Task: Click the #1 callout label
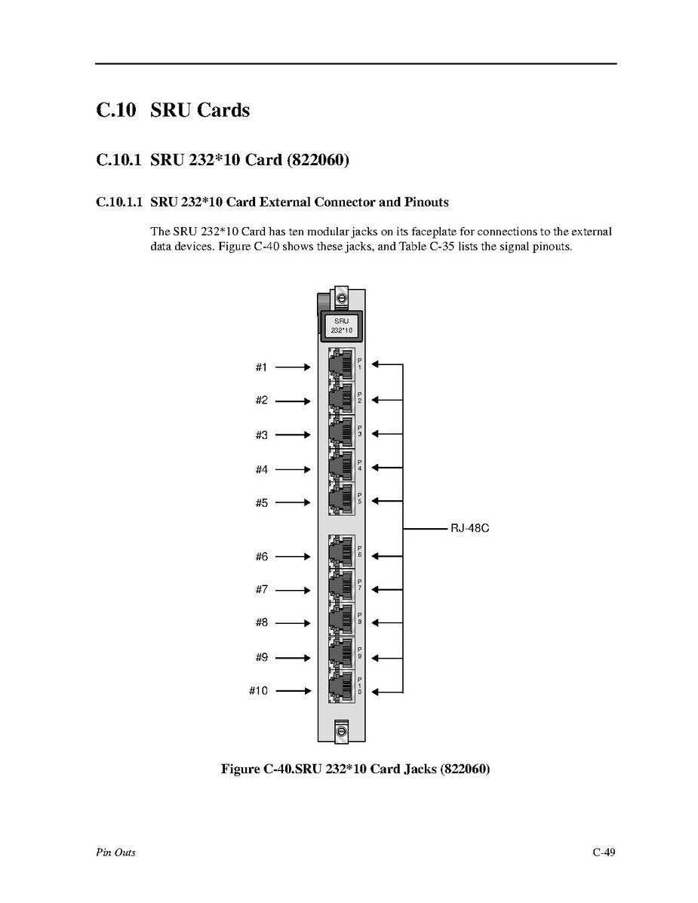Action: coord(261,367)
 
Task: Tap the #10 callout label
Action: coord(258,690)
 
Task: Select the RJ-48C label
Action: coord(470,529)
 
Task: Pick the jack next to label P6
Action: coord(341,554)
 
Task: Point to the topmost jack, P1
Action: coord(341,366)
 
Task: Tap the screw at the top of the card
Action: coord(341,299)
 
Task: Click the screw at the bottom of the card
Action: coord(341,730)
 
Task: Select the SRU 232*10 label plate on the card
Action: coord(341,326)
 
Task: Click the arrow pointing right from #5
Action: coord(294,502)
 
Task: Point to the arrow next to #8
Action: coord(294,623)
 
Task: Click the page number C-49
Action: coord(604,852)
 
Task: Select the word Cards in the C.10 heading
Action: coord(223,110)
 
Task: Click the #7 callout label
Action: coord(261,589)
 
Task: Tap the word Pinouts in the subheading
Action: coord(426,202)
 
